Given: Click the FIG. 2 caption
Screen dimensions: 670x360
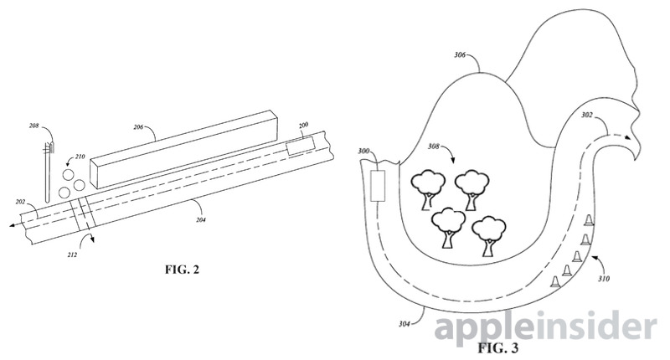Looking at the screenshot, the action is (182, 270).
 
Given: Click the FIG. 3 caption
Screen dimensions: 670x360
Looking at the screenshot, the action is (497, 348).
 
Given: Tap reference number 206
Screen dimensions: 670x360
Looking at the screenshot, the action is (138, 126).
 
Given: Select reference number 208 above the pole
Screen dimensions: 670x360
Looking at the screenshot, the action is (33, 126).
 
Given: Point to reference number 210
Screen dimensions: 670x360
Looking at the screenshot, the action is (80, 157).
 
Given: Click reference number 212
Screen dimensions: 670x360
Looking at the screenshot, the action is (72, 255).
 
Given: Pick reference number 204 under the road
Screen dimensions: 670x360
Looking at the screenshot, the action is (201, 220).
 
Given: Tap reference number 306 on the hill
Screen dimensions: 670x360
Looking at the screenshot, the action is (459, 54).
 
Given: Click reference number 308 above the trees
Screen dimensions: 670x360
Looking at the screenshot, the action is (433, 147).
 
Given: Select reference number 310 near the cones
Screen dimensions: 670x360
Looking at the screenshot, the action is (604, 279).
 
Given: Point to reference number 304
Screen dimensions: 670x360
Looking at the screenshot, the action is (405, 324).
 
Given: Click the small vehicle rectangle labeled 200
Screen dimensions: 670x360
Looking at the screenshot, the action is (301, 147).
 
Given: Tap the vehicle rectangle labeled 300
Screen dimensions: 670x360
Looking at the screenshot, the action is (378, 186).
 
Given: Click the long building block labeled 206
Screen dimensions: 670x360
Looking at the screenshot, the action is (182, 150).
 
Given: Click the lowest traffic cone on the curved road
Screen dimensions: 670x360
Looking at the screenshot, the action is (555, 281).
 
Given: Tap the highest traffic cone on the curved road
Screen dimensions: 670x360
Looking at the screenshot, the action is (589, 219).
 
